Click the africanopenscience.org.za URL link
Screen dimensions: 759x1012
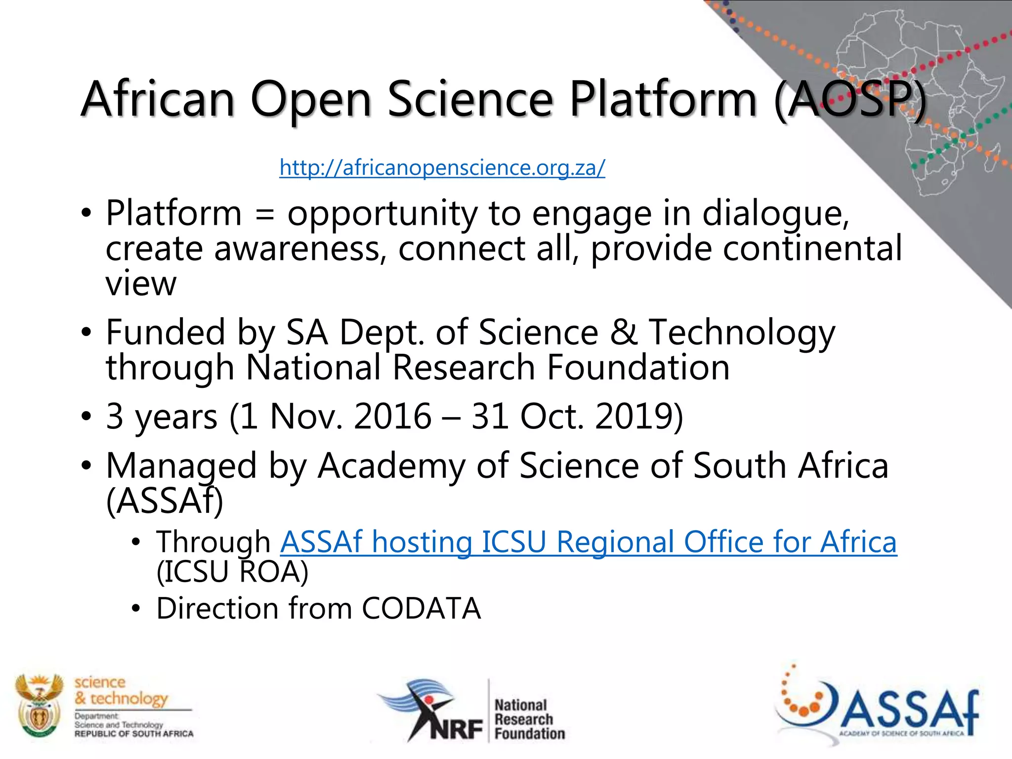(x=442, y=168)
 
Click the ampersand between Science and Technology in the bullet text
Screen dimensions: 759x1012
(x=624, y=332)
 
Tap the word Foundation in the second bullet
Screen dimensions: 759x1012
(x=638, y=368)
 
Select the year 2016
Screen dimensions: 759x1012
(x=393, y=416)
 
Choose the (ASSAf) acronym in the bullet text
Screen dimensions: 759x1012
(x=165, y=501)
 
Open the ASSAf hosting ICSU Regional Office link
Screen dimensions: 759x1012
(x=588, y=542)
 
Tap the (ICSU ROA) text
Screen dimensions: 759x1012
(x=232, y=572)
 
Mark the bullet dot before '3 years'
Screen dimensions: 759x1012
(x=86, y=416)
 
